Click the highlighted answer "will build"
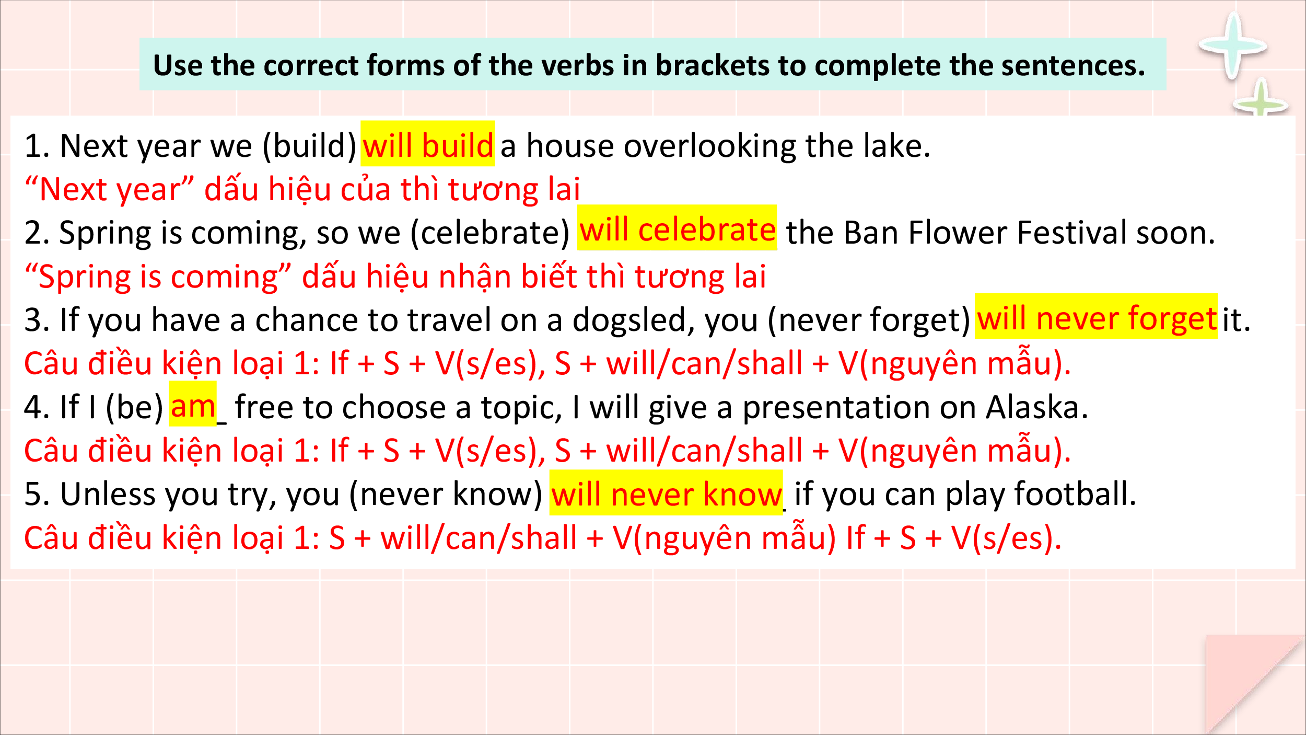427,145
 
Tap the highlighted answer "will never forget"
1096,318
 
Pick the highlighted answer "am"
193,406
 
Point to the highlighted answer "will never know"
666,494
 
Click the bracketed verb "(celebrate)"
489,233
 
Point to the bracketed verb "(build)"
309,146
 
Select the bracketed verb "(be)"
135,408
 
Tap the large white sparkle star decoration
1233,46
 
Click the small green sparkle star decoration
1261,102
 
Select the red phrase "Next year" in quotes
110,189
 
